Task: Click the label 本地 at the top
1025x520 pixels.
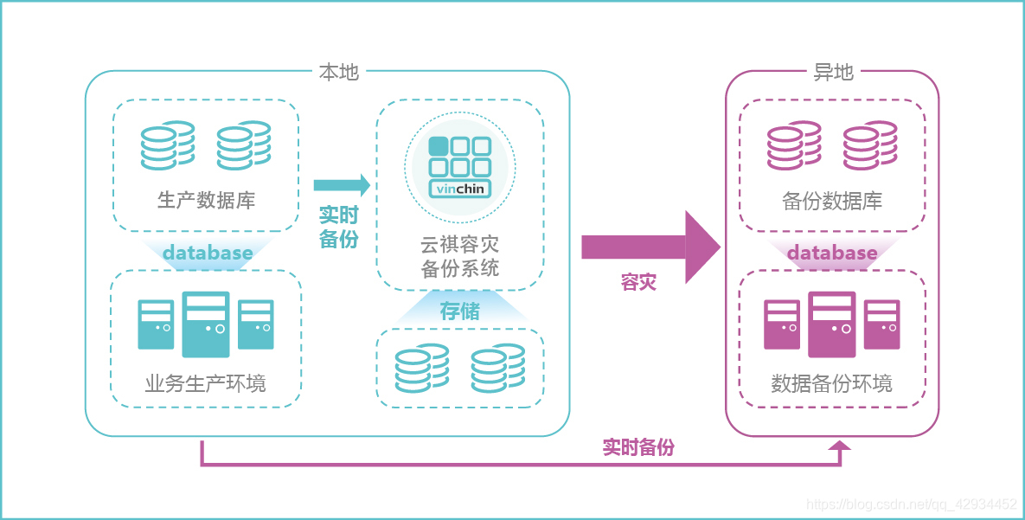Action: click(338, 73)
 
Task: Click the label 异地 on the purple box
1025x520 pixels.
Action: click(833, 73)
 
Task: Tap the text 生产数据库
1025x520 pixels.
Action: click(206, 201)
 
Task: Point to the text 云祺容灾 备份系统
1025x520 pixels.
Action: click(459, 256)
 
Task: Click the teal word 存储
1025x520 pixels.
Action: click(459, 311)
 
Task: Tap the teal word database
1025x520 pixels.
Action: click(208, 254)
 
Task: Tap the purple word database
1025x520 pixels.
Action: click(832, 254)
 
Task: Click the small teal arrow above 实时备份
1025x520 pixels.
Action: click(341, 185)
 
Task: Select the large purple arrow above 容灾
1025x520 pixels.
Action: click(650, 247)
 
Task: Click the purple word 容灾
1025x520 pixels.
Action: click(638, 283)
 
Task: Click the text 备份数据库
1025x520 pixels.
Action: click(832, 201)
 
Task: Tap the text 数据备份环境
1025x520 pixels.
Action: click(832, 383)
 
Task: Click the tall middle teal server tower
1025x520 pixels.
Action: click(206, 324)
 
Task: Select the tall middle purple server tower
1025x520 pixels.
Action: click(831, 324)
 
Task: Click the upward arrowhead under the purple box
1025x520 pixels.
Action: click(839, 446)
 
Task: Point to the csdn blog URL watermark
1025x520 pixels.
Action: click(912, 504)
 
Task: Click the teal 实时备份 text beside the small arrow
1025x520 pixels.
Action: click(338, 227)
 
